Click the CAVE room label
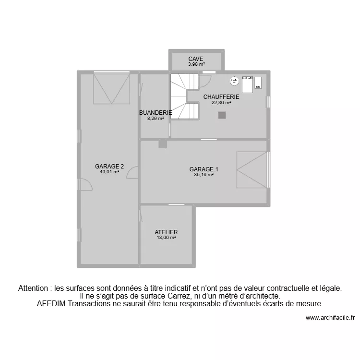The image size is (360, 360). pyautogui.click(x=195, y=59)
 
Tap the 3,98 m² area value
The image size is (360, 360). pyautogui.click(x=196, y=64)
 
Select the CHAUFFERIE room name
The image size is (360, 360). pyautogui.click(x=221, y=96)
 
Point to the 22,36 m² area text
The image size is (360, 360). pyautogui.click(x=221, y=102)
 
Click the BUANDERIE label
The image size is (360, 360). pyautogui.click(x=155, y=113)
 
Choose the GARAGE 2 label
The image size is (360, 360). pyautogui.click(x=109, y=167)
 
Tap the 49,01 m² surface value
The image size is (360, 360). pyautogui.click(x=109, y=172)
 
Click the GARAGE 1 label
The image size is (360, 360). pyautogui.click(x=204, y=169)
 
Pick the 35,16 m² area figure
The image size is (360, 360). pyautogui.click(x=204, y=175)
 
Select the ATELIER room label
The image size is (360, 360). pyautogui.click(x=166, y=232)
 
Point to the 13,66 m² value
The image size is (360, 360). pyautogui.click(x=166, y=238)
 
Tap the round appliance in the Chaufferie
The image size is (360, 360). pyautogui.click(x=234, y=81)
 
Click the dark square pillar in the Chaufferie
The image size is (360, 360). pyautogui.click(x=222, y=115)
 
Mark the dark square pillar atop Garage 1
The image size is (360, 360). pyautogui.click(x=163, y=144)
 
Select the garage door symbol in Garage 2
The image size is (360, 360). pyautogui.click(x=112, y=88)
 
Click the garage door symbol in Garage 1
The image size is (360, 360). pyautogui.click(x=252, y=170)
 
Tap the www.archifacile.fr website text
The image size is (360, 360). pyautogui.click(x=330, y=317)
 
